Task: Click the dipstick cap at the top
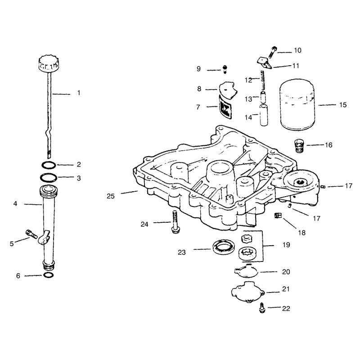48,63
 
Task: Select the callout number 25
110,196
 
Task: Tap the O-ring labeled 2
49,165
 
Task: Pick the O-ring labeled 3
49,178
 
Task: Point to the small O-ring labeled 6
48,275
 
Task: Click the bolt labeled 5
31,233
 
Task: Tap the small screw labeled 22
262,308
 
